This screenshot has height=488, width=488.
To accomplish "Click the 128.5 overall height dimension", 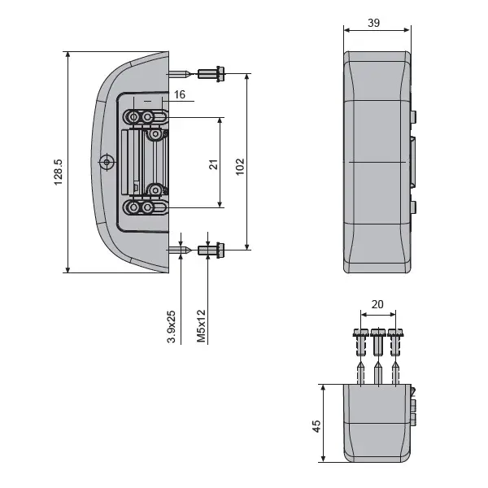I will point(59,167).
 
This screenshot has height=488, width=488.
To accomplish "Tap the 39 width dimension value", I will point(373,23).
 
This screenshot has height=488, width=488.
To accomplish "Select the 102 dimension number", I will point(239,166).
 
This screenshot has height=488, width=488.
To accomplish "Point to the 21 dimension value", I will point(213,163).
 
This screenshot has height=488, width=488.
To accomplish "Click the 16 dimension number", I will point(179,95).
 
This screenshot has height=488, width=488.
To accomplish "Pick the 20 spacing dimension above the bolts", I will point(377,304).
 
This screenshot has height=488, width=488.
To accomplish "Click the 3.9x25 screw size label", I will point(172,325).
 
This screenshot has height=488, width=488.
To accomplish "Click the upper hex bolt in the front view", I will point(211,74).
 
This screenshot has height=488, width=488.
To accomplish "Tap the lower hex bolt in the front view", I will point(211,249).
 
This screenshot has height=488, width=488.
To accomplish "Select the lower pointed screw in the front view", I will point(184,249).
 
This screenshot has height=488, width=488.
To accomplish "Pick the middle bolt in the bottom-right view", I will point(377,341).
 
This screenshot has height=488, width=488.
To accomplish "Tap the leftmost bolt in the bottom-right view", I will point(359,342).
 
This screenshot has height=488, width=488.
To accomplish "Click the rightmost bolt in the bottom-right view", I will point(396,342).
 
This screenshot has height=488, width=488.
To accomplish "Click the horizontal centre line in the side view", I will point(377,163).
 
